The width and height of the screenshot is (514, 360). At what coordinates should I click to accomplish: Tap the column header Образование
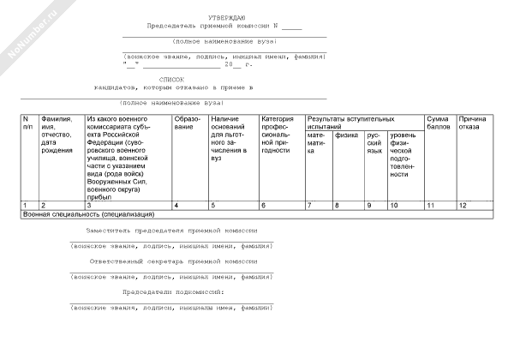[187, 123]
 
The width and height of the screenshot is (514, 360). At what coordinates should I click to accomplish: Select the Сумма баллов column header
[439, 123]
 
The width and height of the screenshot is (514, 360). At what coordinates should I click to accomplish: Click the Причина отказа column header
[474, 123]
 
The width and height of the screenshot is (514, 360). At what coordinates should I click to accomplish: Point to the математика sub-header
[316, 143]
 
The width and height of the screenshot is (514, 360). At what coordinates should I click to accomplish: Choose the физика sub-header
[346, 135]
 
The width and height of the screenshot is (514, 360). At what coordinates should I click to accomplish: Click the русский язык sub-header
[374, 142]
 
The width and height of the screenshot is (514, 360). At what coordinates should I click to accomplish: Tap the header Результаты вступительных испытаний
[351, 123]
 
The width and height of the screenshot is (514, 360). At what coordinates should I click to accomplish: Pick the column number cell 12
[463, 206]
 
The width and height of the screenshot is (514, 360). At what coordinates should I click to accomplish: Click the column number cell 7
[310, 206]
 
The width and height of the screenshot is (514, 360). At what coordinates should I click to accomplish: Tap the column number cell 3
[88, 206]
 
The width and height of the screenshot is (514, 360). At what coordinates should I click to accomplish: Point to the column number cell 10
[395, 206]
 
